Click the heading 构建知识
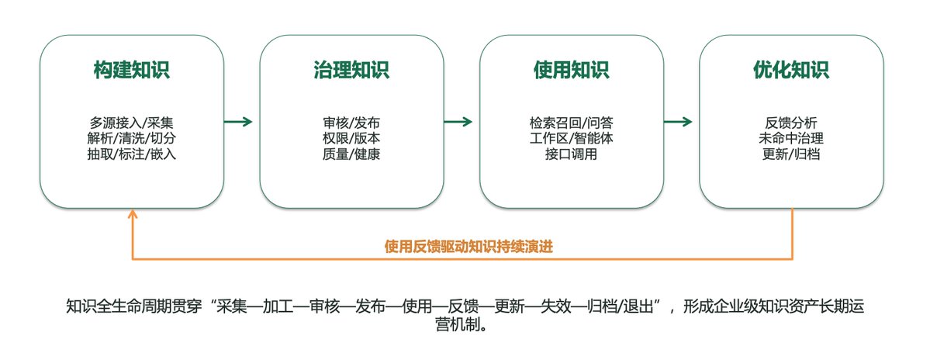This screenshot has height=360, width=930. coord(132,70)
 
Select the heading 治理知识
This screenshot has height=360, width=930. coord(351,70)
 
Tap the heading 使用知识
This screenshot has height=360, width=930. coord(571,70)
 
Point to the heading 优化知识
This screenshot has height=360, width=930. coord(791,70)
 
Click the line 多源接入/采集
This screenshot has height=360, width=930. coord(132,123)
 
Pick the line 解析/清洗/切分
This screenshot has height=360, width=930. coord(132,139)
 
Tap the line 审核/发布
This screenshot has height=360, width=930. coord(351,123)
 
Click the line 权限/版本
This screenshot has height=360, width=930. coord(351,139)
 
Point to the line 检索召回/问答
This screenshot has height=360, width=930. coord(571,123)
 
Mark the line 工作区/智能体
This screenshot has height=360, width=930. coord(571,139)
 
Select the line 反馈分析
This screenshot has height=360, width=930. coord(791,123)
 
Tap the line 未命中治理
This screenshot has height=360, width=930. coord(791,139)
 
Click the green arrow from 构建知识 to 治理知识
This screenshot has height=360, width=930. coord(238,122)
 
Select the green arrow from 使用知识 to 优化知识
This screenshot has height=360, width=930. coord(678,122)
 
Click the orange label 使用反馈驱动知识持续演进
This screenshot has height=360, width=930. coord(468,247)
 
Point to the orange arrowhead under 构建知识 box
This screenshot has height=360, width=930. coord(133,213)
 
